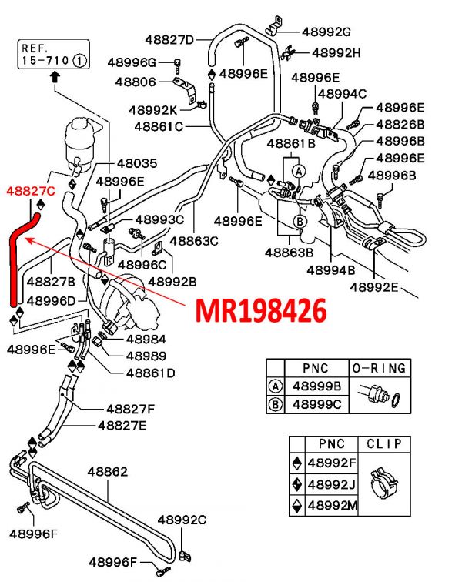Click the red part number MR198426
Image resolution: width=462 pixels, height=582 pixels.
[261, 310]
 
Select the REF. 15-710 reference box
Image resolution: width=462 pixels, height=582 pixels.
[52, 52]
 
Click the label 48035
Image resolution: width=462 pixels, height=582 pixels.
[137, 163]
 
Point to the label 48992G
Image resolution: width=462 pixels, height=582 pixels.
[326, 32]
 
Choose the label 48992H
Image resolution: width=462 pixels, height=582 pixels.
[336, 52]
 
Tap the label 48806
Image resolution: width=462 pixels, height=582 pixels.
[136, 81]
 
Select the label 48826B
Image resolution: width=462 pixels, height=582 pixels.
[400, 124]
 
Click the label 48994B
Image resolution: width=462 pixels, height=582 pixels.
[330, 270]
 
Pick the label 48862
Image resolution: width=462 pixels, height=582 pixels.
[107, 472]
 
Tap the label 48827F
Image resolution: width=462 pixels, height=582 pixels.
[130, 408]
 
